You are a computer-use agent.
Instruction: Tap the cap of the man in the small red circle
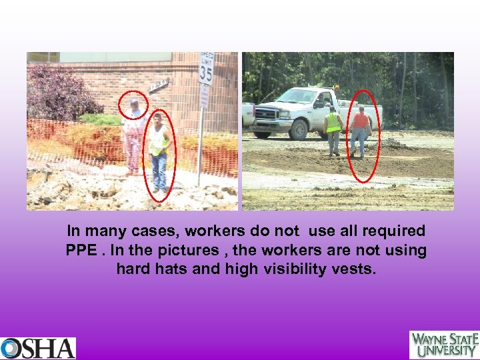[134, 101]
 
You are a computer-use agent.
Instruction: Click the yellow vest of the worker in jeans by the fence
[159, 141]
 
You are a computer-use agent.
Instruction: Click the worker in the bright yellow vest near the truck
[333, 130]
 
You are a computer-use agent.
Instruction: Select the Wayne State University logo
[444, 345]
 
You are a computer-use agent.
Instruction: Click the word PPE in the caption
[81, 251]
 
